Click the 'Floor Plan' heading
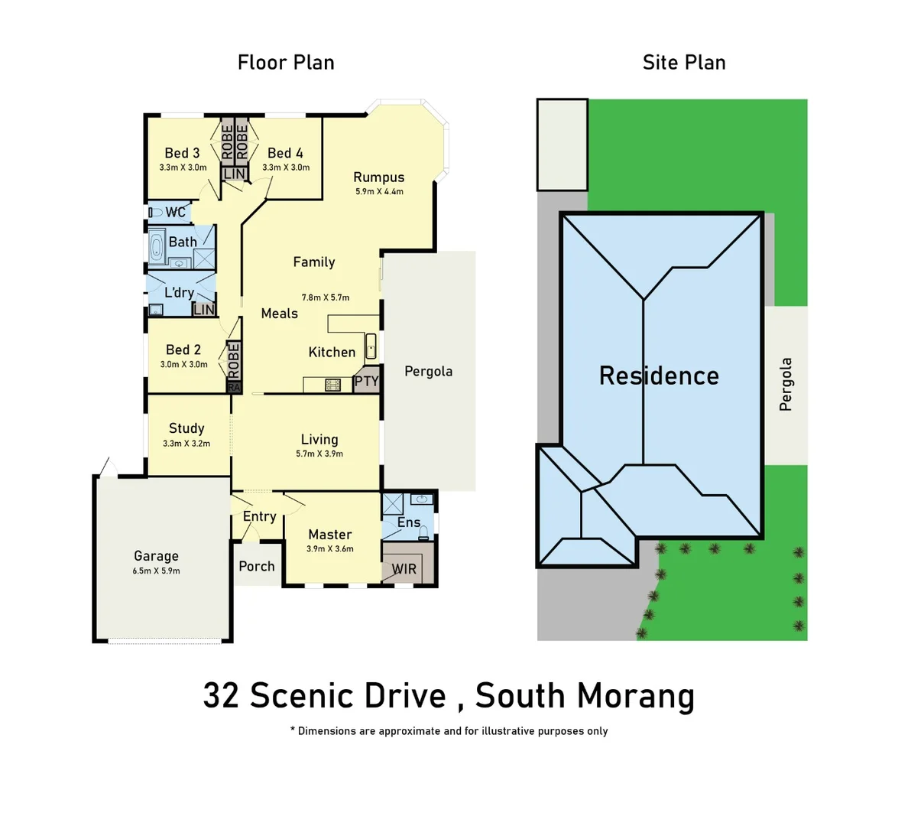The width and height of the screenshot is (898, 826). pyautogui.click(x=286, y=63)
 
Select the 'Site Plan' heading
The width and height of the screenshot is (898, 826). pyautogui.click(x=684, y=63)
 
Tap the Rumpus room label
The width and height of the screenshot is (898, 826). pyautogui.click(x=379, y=177)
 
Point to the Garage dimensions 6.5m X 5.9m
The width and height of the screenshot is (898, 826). pyautogui.click(x=156, y=571)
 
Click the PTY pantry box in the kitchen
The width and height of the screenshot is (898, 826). pyautogui.click(x=367, y=382)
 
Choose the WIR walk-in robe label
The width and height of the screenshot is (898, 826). pyautogui.click(x=404, y=570)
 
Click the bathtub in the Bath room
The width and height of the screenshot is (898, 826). pyautogui.click(x=157, y=246)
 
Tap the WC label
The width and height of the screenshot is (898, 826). pyautogui.click(x=176, y=213)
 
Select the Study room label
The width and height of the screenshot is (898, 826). pyautogui.click(x=186, y=428)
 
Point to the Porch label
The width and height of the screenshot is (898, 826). pyautogui.click(x=257, y=567)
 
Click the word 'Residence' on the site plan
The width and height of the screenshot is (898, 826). pyautogui.click(x=659, y=376)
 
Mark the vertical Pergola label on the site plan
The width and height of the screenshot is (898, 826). pyautogui.click(x=786, y=385)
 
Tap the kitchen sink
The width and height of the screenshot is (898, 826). pyautogui.click(x=371, y=346)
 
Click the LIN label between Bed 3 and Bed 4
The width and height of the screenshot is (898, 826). pyautogui.click(x=235, y=174)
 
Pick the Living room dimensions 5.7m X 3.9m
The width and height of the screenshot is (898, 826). pyautogui.click(x=319, y=454)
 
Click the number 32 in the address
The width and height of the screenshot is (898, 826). pyautogui.click(x=220, y=696)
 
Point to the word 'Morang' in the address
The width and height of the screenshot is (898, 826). pyautogui.click(x=636, y=696)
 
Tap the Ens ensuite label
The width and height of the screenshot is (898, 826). pyautogui.click(x=409, y=522)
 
